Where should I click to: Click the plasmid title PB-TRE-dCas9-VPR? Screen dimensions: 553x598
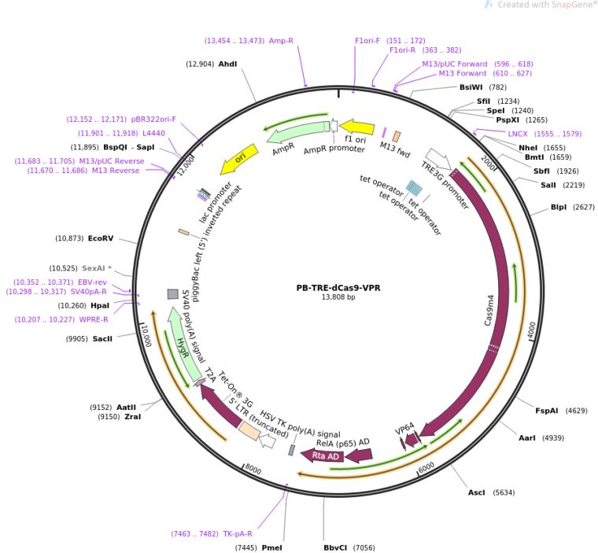[x=338, y=287]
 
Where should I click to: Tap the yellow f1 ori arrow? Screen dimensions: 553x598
[x=356, y=127]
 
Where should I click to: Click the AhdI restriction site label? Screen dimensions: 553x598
[x=227, y=64]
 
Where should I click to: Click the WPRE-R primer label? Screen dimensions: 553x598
[x=96, y=319]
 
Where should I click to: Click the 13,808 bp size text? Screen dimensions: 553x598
[x=338, y=297]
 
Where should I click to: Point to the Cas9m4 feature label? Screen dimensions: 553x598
[x=489, y=311]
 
